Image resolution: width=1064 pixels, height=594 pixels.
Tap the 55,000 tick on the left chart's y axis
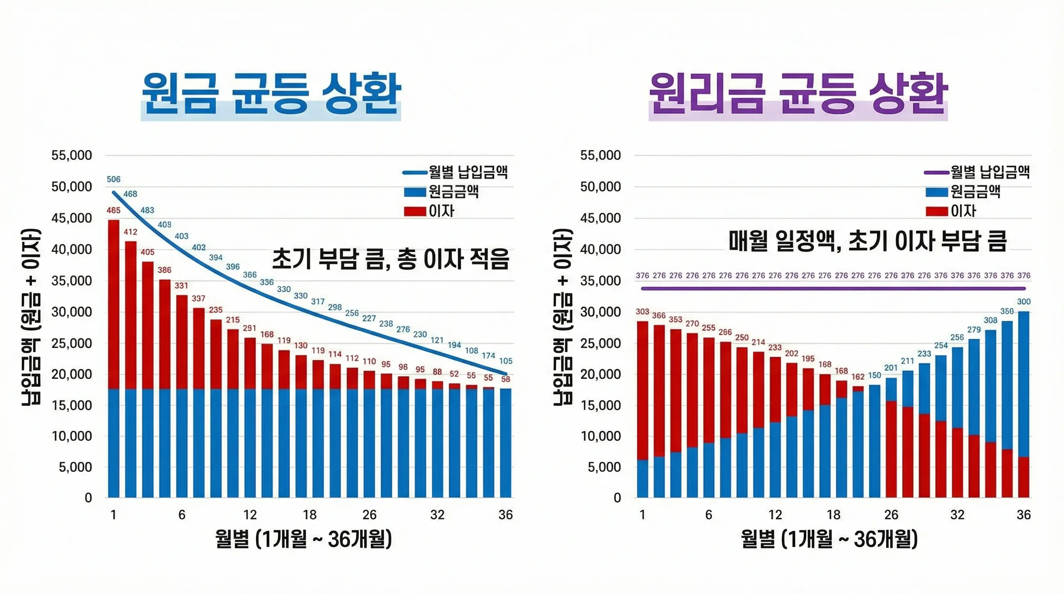[72, 155]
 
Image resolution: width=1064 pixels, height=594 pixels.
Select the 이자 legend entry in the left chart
[441, 211]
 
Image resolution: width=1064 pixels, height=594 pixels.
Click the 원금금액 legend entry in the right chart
[975, 191]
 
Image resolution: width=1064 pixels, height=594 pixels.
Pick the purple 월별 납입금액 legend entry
[990, 171]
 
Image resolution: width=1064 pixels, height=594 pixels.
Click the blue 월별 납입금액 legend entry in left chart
[467, 171]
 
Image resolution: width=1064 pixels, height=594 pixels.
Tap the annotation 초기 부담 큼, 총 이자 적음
[391, 259]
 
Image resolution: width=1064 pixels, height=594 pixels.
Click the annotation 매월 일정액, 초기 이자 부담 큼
[867, 241]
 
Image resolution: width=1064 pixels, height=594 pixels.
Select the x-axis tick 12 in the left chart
[250, 515]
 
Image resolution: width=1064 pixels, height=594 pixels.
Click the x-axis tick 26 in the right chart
[891, 515]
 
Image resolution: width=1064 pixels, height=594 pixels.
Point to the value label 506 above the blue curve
[114, 179]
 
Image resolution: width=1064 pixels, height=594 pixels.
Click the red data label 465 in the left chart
[114, 210]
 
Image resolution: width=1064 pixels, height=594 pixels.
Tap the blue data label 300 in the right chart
[1023, 302]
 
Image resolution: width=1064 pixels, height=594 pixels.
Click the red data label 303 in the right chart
[642, 311]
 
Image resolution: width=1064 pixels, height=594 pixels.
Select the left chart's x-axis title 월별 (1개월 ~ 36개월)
[304, 539]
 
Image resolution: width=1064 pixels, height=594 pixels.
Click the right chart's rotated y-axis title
[563, 317]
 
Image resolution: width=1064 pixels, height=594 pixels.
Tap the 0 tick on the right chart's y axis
[617, 498]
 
